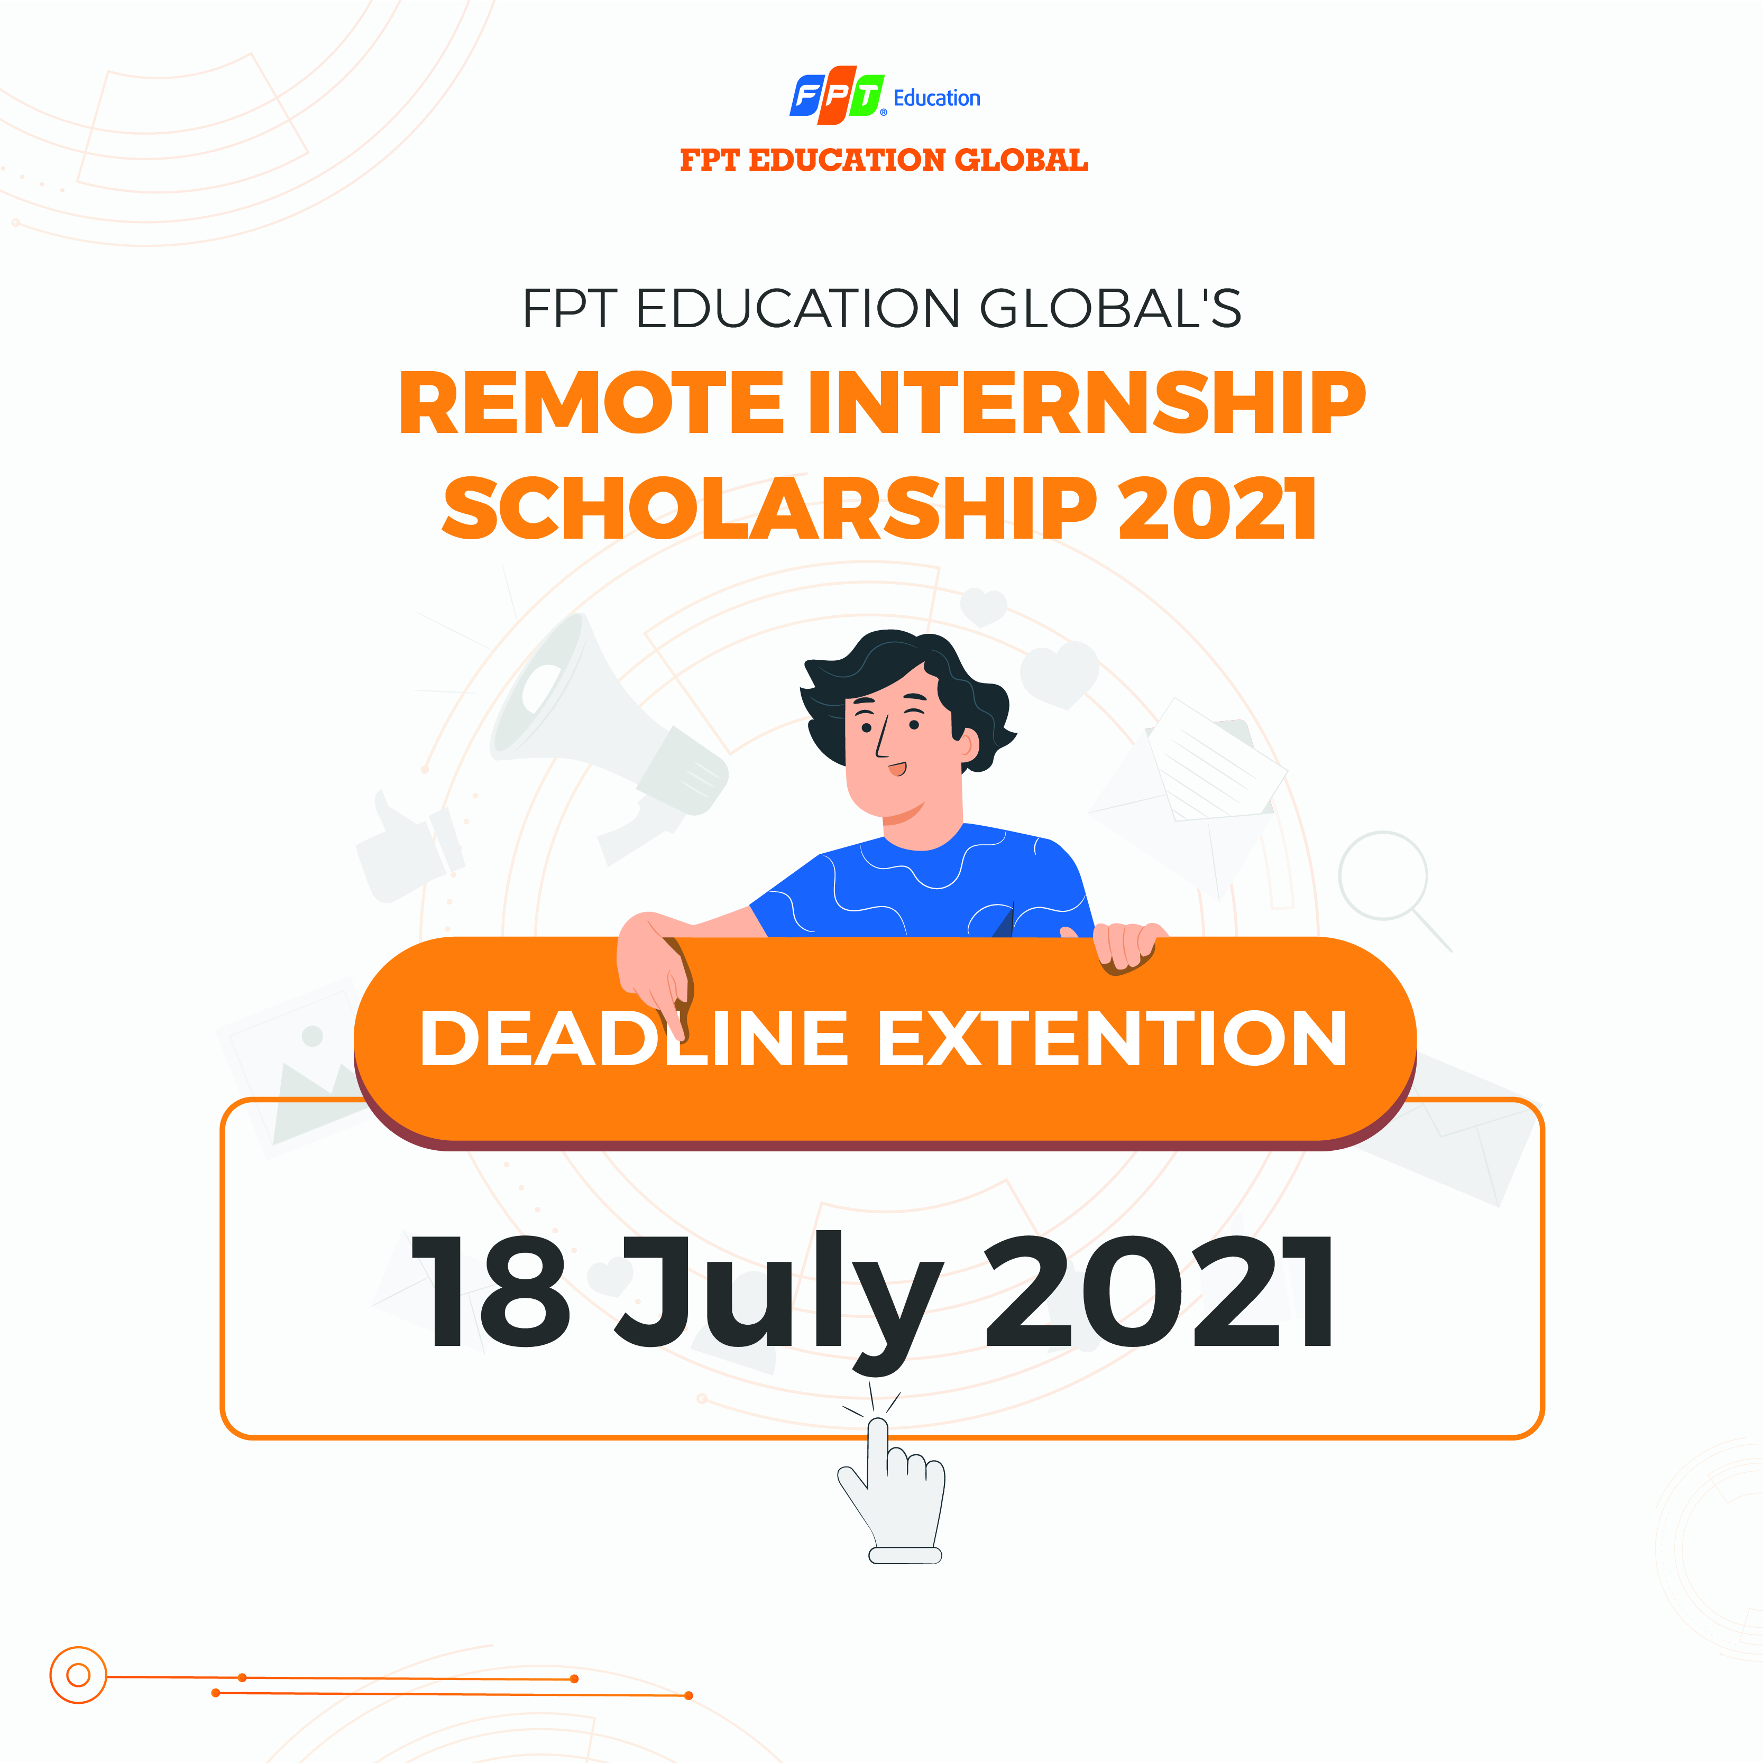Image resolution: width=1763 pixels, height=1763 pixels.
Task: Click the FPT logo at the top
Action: (x=837, y=95)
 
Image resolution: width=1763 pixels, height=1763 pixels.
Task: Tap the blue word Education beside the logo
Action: (x=936, y=98)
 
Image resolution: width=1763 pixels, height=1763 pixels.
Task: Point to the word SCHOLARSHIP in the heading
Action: (x=769, y=507)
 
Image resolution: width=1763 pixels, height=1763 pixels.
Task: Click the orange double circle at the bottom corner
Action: (x=78, y=1675)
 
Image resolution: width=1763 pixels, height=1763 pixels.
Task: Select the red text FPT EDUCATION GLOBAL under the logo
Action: (x=884, y=161)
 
